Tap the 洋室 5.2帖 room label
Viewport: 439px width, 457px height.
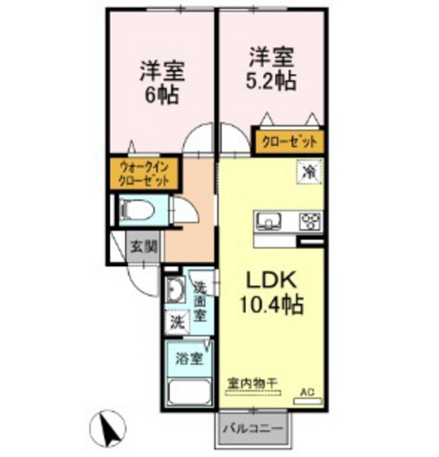click(x=271, y=69)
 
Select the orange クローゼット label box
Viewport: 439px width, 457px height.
click(x=288, y=141)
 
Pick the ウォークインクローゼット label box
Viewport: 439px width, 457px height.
click(x=139, y=175)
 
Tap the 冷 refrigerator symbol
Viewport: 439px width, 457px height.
click(x=309, y=173)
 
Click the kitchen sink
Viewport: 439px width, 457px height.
click(x=269, y=222)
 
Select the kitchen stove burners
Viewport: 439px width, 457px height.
click(x=309, y=222)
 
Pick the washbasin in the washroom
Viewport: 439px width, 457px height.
click(x=175, y=291)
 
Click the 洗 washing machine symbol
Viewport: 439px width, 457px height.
click(x=176, y=322)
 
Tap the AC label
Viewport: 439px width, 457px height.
click(x=307, y=393)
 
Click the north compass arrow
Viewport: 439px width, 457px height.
click(x=109, y=427)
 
